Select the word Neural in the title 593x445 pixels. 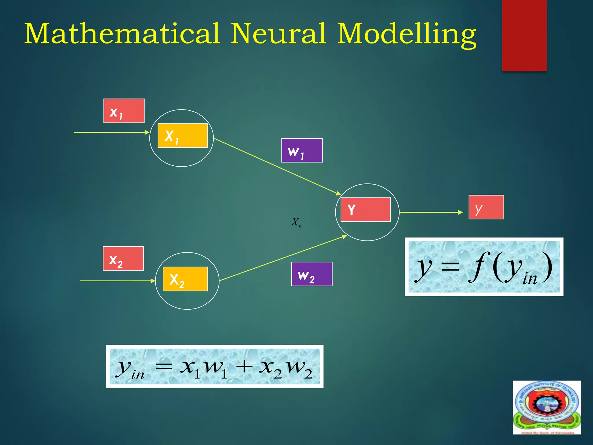279,34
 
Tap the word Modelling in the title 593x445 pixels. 407,35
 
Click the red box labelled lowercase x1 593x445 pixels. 124,111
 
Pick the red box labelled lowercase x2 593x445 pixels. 123,258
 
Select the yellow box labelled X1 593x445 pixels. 182,136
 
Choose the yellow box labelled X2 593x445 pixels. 185,279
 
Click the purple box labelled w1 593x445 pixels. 302,150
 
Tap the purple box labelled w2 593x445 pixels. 312,274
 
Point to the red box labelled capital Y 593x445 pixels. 365,210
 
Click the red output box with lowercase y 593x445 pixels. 486,207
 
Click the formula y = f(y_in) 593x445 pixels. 484,267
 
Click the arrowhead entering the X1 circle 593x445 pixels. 147,132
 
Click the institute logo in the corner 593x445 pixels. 547,407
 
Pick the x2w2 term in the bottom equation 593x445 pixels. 285,369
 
